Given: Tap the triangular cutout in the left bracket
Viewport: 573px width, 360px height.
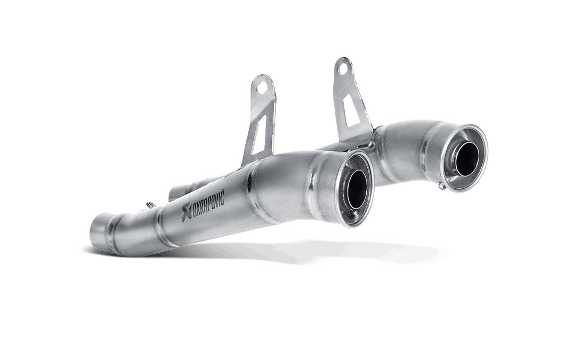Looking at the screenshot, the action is pos(254,138).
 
